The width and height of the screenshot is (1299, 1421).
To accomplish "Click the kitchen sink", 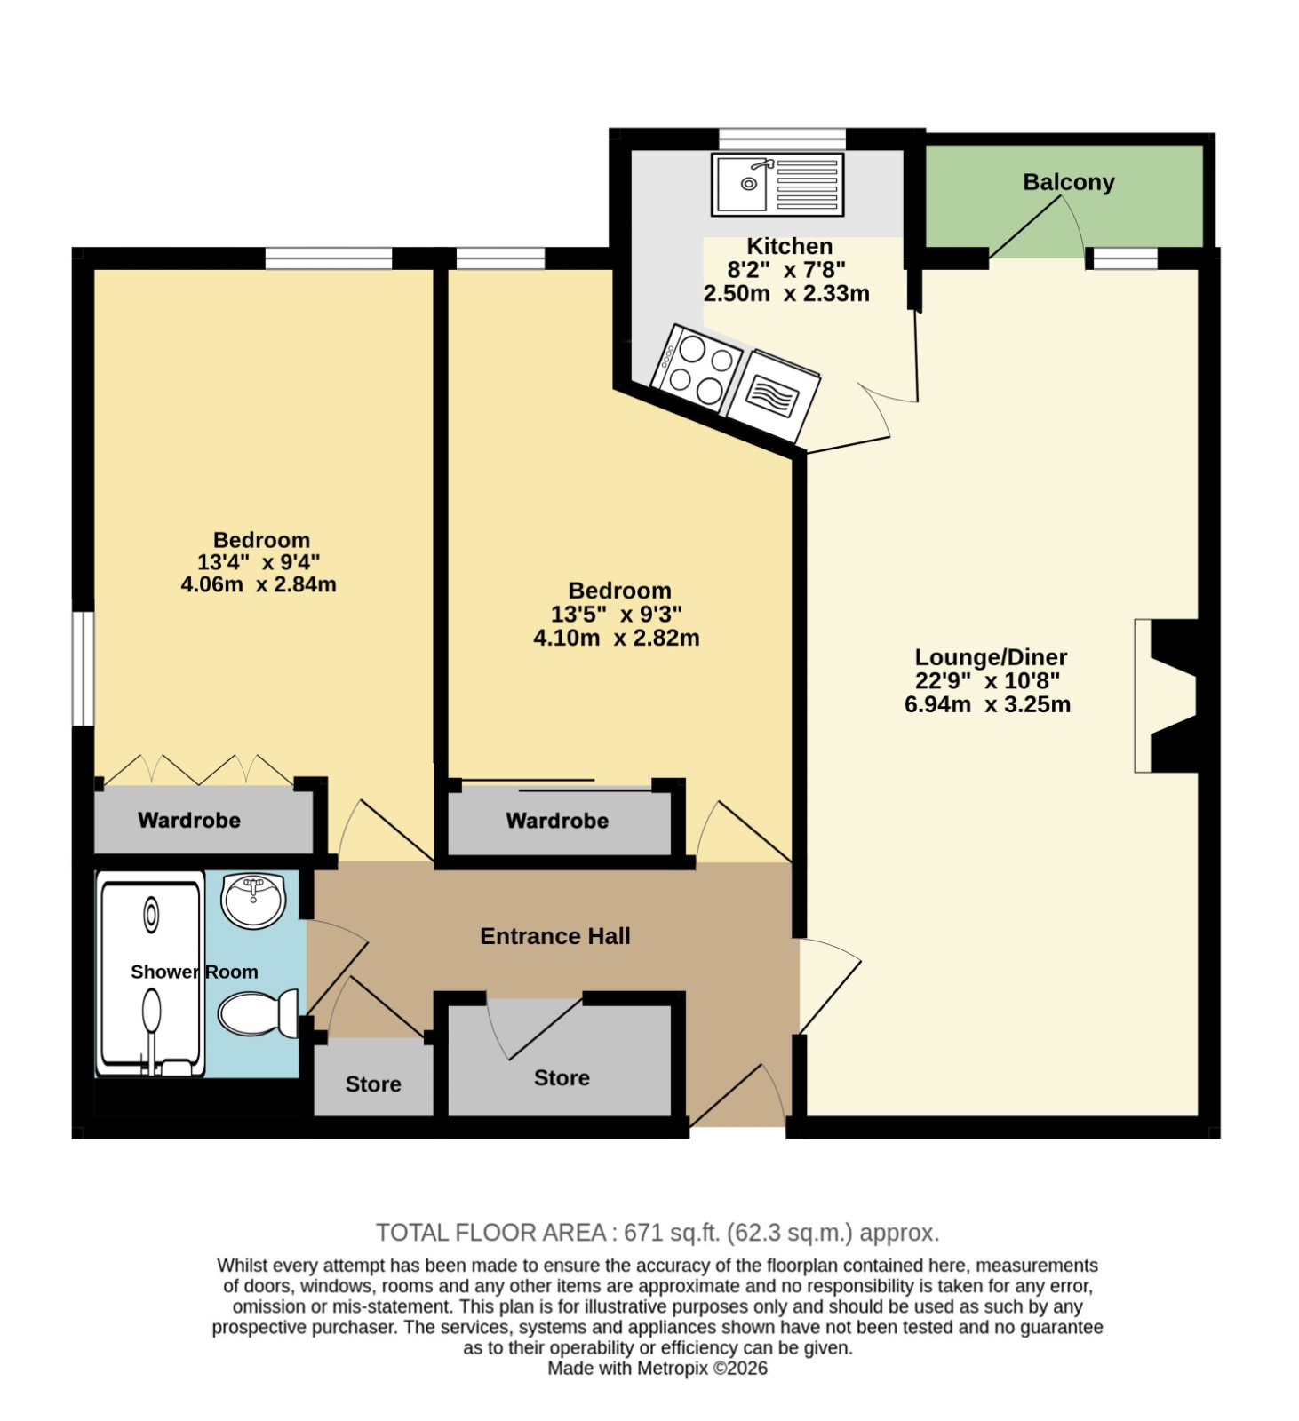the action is (x=777, y=185).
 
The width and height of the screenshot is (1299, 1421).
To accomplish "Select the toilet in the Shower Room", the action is (x=258, y=1013).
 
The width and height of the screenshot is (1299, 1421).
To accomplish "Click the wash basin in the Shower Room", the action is (x=253, y=901).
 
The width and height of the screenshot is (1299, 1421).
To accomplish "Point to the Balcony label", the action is (x=1068, y=182).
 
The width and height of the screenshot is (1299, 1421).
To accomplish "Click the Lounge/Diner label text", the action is (x=991, y=657).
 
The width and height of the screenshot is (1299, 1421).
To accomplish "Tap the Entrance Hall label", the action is (x=554, y=936).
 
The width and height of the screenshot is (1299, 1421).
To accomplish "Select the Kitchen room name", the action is (x=789, y=246).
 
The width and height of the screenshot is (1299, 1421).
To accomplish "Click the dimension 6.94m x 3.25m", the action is (x=987, y=704).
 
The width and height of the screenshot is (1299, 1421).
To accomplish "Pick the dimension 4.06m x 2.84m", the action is (x=259, y=584).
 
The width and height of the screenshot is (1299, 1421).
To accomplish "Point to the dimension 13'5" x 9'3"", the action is (x=616, y=614).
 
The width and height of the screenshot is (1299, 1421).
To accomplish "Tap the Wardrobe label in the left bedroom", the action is (x=189, y=820).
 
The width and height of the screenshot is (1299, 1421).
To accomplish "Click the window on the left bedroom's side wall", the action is (x=83, y=669).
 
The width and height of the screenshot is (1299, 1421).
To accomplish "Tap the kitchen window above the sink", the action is (x=782, y=139).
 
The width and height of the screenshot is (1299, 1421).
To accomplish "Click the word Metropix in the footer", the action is (x=672, y=1368).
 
